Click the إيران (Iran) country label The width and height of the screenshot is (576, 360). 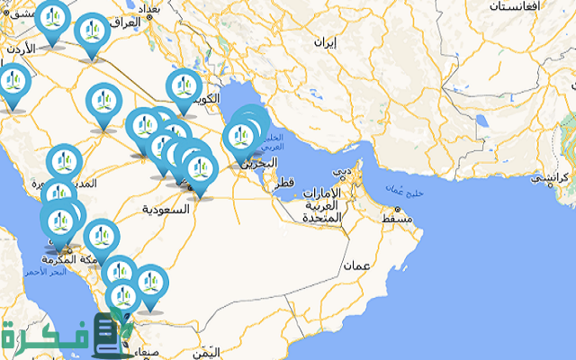(325, 42)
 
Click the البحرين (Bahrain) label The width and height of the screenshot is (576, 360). (269, 163)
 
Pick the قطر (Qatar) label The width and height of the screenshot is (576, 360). (284, 183)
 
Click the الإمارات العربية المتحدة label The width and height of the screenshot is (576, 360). (321, 206)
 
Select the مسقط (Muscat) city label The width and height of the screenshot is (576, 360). (396, 218)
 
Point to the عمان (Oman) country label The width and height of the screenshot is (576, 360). (357, 266)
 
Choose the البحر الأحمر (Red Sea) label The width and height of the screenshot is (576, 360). (45, 271)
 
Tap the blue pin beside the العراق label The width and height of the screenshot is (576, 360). (93, 33)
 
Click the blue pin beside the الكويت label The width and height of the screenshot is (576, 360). (183, 89)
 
